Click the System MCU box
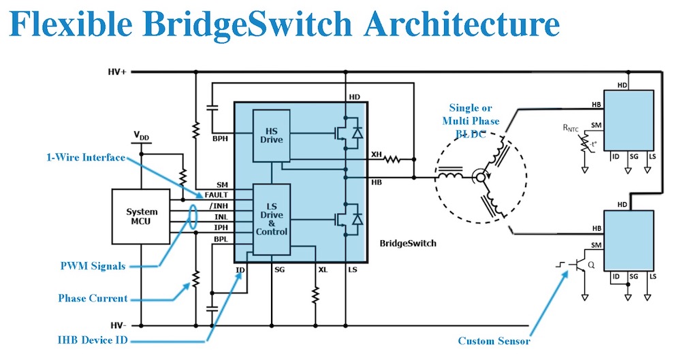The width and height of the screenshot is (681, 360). (x=140, y=217)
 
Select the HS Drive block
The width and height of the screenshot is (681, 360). (x=271, y=135)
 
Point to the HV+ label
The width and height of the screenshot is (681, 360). (x=117, y=71)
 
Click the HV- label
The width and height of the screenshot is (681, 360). (x=117, y=325)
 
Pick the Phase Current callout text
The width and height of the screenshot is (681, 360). (x=93, y=298)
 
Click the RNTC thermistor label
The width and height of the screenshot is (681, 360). (x=570, y=127)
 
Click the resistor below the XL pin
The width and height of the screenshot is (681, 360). (x=315, y=297)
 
